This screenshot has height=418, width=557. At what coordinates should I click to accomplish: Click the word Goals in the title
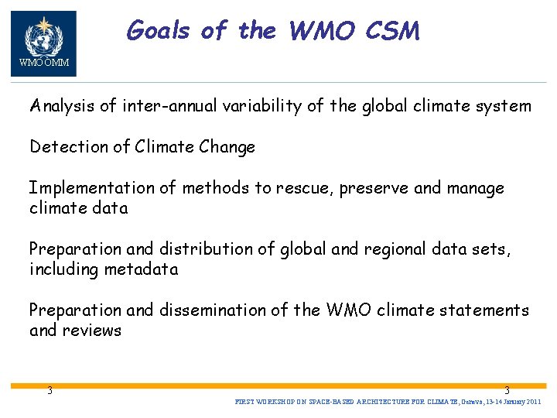point(159,31)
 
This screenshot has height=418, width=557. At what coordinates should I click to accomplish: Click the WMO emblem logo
point(43,38)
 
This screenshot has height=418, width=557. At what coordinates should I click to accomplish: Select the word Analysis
point(63,106)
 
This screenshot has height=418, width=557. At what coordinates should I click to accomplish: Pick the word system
point(505,106)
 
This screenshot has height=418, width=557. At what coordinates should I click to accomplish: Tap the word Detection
point(67,146)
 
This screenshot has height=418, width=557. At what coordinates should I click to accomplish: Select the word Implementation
point(92,188)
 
